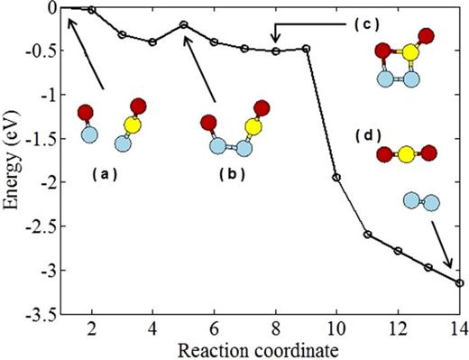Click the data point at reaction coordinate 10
(x=336, y=177)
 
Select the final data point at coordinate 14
(x=459, y=282)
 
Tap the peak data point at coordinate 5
(x=183, y=24)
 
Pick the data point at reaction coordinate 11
(x=367, y=235)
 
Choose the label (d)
(x=370, y=134)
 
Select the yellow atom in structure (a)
(x=132, y=125)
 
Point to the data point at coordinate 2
(x=92, y=10)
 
